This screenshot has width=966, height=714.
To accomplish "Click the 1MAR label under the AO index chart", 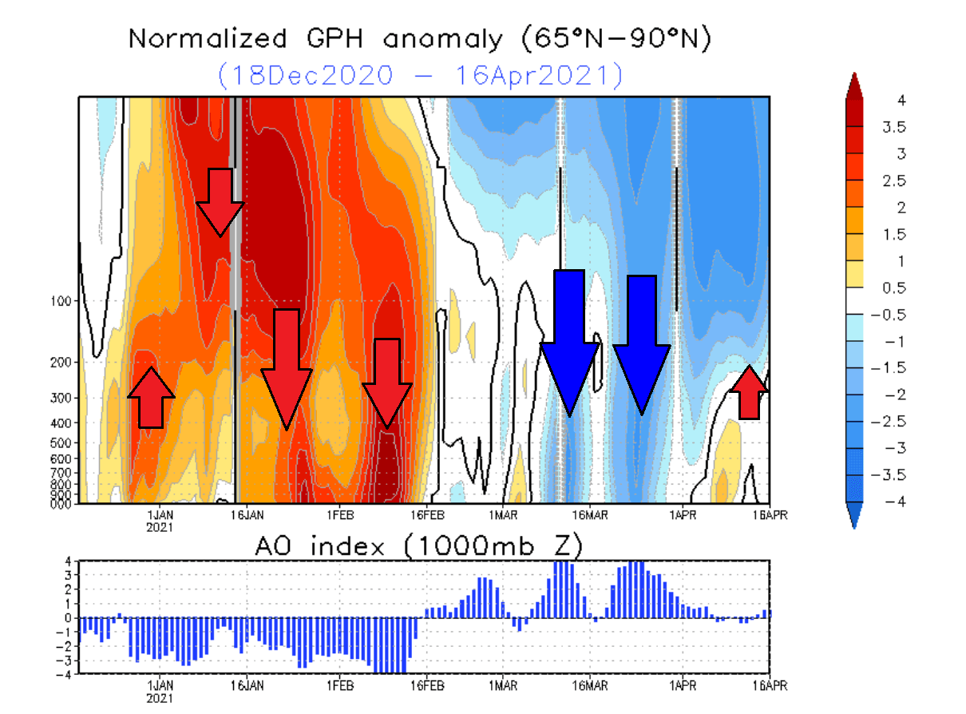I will pyautogui.click(x=503, y=685).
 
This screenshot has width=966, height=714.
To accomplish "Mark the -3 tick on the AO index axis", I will pyautogui.click(x=69, y=660).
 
